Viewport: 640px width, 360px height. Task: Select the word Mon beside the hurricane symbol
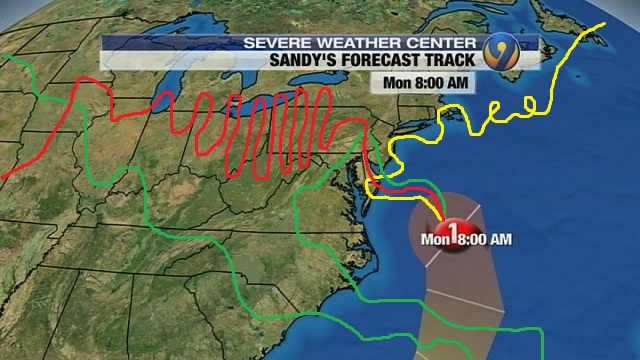432,239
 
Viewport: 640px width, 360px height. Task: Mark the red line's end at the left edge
2,178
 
